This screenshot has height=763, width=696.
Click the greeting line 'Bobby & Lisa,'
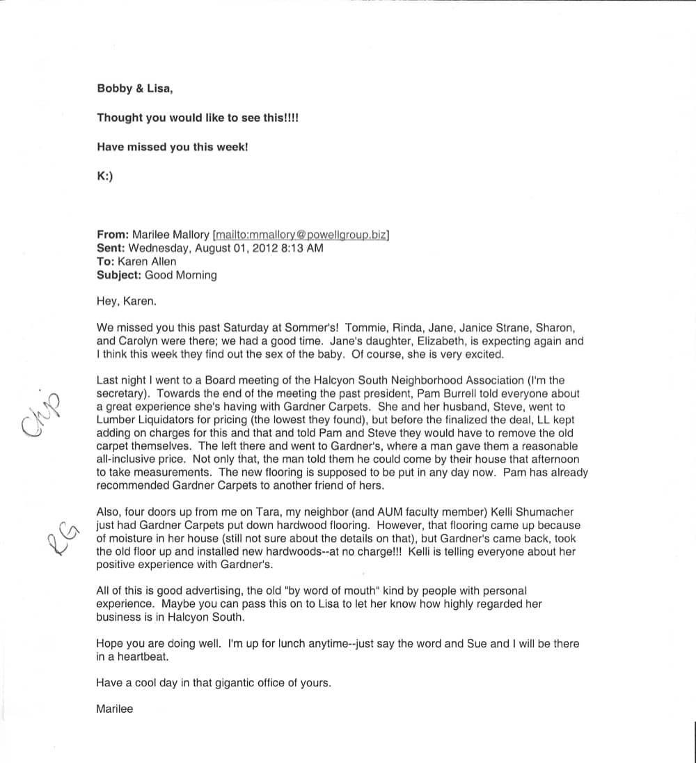pyautogui.click(x=135, y=89)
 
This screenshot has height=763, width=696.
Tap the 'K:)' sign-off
pyautogui.click(x=104, y=176)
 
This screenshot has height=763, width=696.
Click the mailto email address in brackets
pyautogui.click(x=301, y=235)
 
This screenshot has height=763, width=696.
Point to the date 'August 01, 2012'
pyautogui.click(x=234, y=249)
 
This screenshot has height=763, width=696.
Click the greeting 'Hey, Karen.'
pyautogui.click(x=122, y=301)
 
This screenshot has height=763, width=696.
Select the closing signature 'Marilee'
pyautogui.click(x=115, y=709)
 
